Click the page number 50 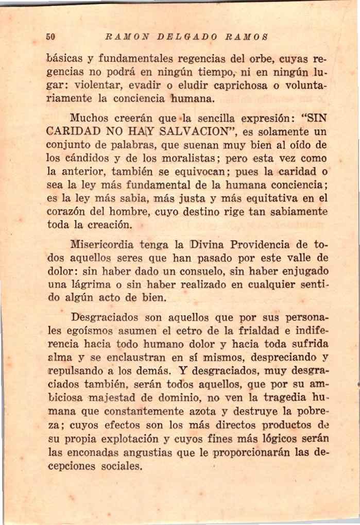click(50, 37)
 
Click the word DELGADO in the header click(186, 37)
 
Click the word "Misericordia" click(101, 244)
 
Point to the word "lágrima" click(91, 285)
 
